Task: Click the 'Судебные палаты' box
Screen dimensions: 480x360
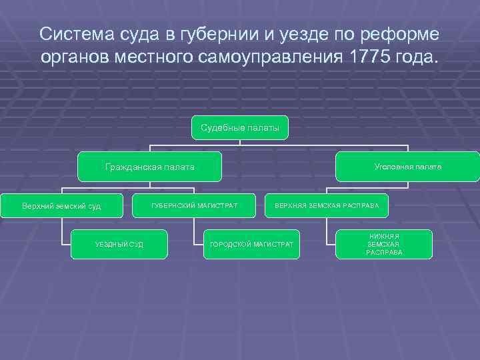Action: pyautogui.click(x=240, y=127)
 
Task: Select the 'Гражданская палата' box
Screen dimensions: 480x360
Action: pyautogui.click(x=149, y=167)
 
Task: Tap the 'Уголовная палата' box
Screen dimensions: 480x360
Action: pyautogui.click(x=407, y=167)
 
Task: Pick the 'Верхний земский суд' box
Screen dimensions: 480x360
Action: pyautogui.click(x=61, y=206)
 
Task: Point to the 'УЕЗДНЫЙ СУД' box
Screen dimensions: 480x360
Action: pyautogui.click(x=119, y=245)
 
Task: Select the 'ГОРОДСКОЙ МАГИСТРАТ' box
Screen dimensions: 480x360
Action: pyautogui.click(x=251, y=245)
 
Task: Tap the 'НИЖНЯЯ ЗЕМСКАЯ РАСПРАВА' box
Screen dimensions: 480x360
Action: pyautogui.click(x=384, y=245)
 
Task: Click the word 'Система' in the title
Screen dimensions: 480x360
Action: pyautogui.click(x=74, y=34)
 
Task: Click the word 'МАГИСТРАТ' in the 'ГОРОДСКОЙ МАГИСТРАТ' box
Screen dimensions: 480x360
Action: pyautogui.click(x=271, y=245)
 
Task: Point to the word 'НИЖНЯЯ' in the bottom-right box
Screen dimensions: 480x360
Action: pyautogui.click(x=384, y=237)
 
